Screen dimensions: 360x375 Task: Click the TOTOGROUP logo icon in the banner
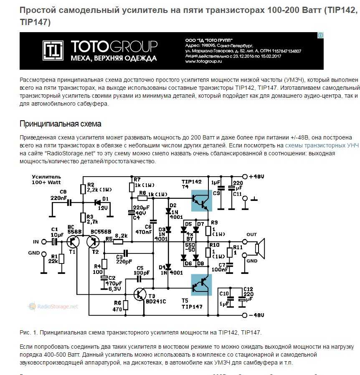(53, 51)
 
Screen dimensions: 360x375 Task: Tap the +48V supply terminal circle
(245, 177)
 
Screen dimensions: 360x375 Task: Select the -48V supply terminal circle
(244, 315)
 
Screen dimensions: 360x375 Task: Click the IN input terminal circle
(44, 242)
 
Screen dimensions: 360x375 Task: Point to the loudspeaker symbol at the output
(260, 248)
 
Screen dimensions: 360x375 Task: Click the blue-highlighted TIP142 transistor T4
(201, 200)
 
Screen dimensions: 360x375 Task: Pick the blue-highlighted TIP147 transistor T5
(201, 285)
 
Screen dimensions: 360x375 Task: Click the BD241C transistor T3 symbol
(140, 294)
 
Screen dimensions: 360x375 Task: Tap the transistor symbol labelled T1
(73, 242)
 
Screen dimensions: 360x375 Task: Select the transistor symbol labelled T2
(93, 242)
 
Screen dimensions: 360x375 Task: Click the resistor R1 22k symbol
(61, 259)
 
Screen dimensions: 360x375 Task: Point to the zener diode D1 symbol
(98, 203)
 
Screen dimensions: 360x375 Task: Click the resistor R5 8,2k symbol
(118, 242)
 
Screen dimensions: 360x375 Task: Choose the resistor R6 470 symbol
(125, 305)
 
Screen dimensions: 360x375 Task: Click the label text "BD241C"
(156, 302)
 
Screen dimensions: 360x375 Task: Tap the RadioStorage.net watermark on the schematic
(53, 307)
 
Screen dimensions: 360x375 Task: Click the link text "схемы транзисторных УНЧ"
(322, 145)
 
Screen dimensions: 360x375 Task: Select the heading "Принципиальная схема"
(60, 124)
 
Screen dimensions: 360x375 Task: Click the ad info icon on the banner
(320, 35)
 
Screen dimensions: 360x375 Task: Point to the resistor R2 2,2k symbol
(83, 189)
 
